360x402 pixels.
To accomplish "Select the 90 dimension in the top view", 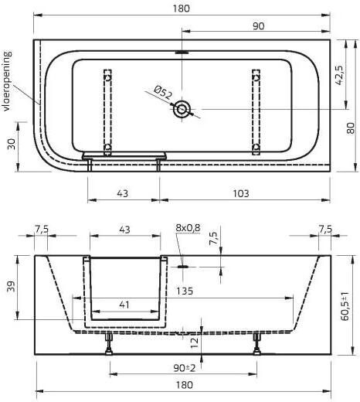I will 258,26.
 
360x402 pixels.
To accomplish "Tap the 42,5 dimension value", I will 340,77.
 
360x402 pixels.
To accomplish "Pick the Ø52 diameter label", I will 162,94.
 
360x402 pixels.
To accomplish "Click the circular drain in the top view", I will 182,110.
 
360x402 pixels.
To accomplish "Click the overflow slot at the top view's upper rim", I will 182,53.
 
